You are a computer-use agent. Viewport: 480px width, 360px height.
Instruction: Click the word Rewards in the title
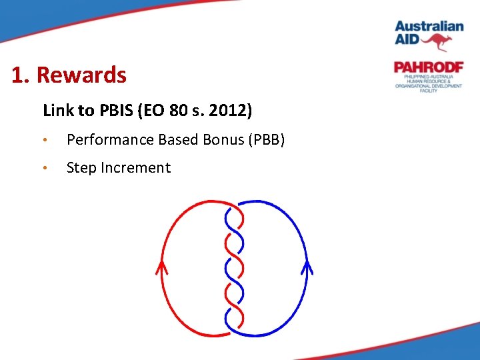81,75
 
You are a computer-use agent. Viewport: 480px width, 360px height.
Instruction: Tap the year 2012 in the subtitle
230,110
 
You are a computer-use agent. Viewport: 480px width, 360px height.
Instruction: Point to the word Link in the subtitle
57,110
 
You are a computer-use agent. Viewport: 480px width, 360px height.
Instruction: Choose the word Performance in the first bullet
110,139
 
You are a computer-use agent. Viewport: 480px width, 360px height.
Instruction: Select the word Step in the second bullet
81,168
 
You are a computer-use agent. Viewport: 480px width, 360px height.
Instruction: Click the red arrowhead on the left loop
161,267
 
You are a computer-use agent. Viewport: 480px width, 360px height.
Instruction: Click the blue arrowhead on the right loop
307,267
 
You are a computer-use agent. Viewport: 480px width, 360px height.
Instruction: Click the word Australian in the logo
429,27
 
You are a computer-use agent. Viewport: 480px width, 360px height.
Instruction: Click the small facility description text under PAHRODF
428,83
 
